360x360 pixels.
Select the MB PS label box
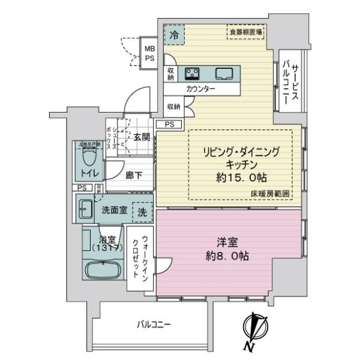tap(149, 53)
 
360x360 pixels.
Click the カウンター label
tap(200, 89)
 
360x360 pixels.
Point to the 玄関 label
tap(142, 137)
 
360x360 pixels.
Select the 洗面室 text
tap(113, 210)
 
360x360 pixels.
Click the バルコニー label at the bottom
tap(154, 325)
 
